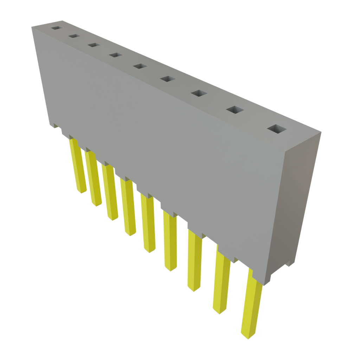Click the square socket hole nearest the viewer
[x=277, y=129]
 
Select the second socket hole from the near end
[x=235, y=110]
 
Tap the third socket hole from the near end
[x=199, y=93]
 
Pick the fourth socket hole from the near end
[x=168, y=79]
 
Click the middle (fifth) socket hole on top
[x=140, y=66]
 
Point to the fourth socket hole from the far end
[x=115, y=55]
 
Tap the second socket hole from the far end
[x=74, y=36]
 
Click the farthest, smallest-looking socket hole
[x=56, y=27]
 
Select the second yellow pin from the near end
[x=221, y=281]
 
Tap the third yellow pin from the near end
[x=194, y=260]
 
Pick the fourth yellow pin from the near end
[x=170, y=243]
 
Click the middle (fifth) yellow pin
[x=148, y=225]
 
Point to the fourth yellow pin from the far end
[x=128, y=207]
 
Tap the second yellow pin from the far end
[x=94, y=179]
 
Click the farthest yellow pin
[x=79, y=167]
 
